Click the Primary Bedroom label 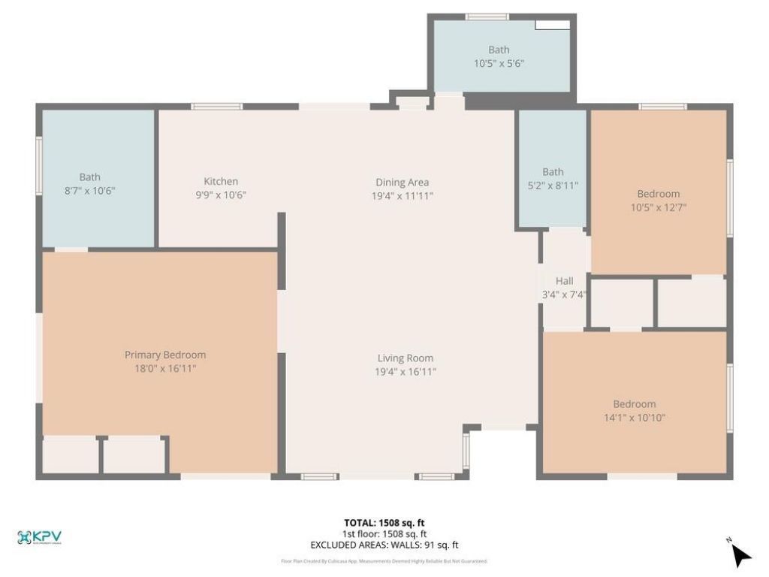tap(165, 355)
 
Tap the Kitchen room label tap(221, 181)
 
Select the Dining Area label tap(403, 182)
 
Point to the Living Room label tap(405, 358)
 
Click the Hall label tap(565, 281)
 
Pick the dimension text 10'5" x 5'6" tap(499, 64)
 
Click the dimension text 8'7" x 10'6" tap(90, 191)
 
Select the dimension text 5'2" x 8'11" tap(553, 186)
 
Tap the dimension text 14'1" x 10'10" tap(635, 418)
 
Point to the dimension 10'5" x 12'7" tap(659, 207)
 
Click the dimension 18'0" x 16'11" tap(165, 368)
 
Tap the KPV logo tap(40, 537)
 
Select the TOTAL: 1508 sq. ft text tap(384, 523)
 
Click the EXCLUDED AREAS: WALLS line tap(384, 545)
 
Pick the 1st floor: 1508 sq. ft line tap(384, 534)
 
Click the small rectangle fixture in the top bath tap(551, 25)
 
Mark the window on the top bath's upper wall tap(487, 17)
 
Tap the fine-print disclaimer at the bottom tap(384, 561)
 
